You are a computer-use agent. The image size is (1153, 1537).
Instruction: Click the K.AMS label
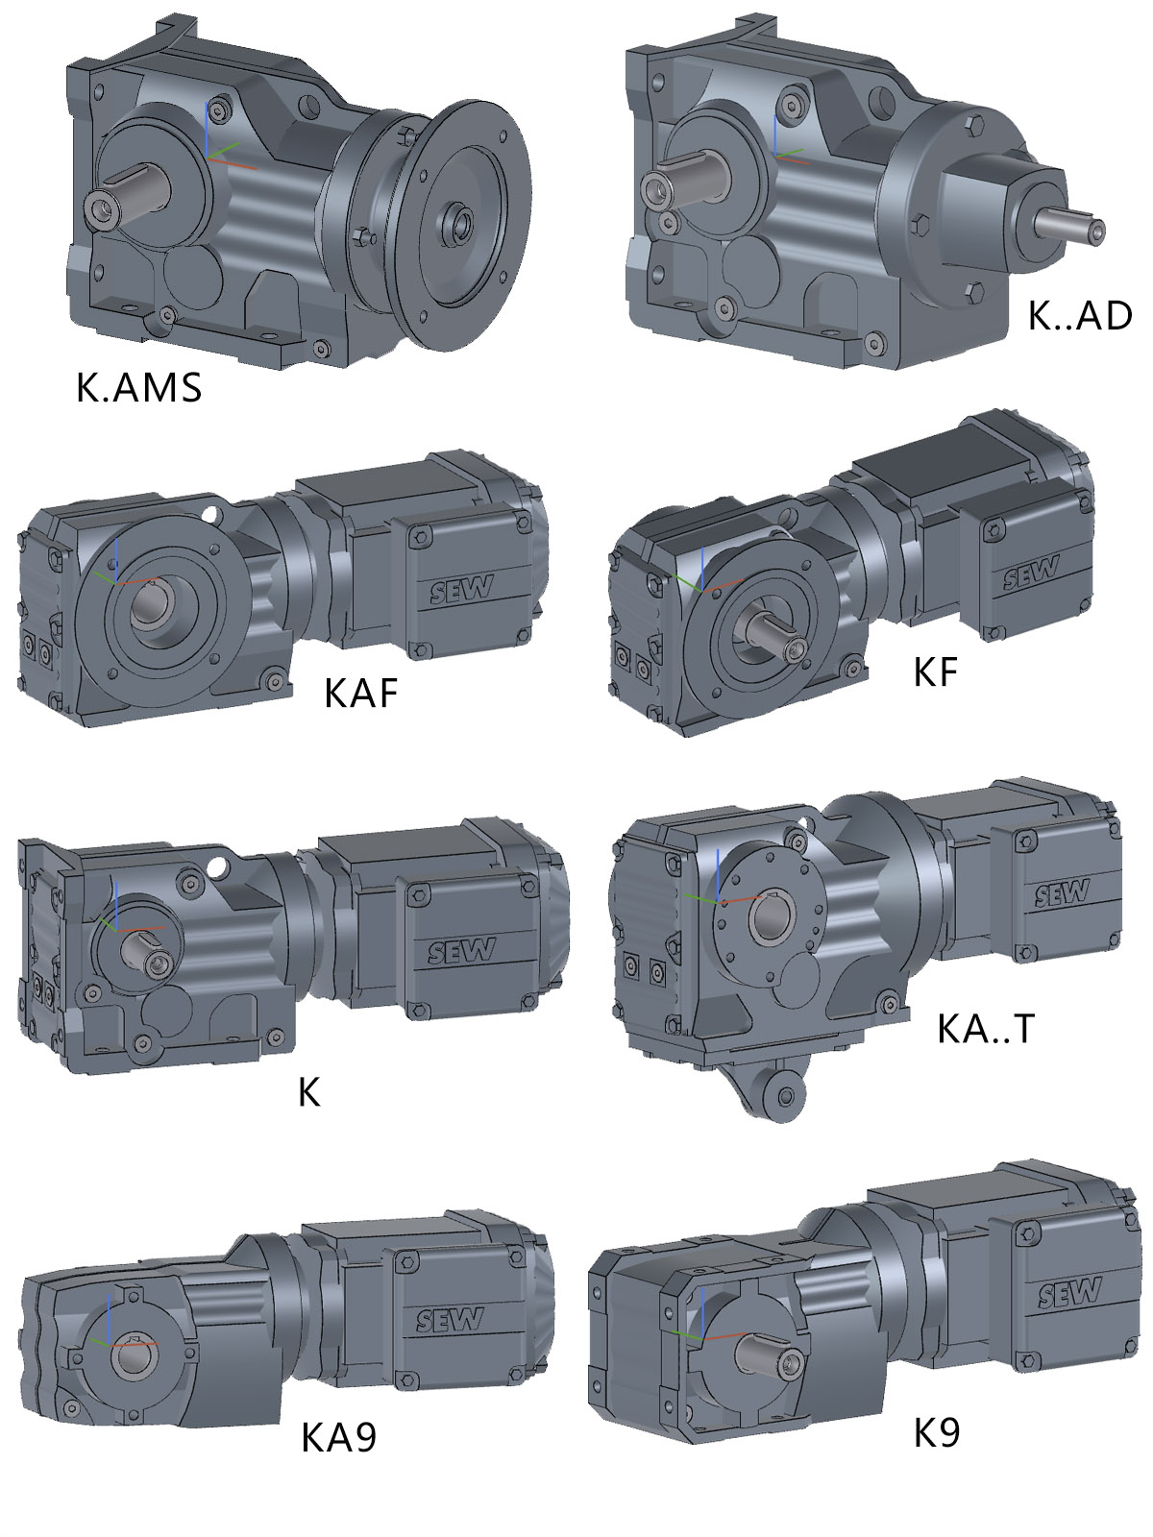[x=138, y=387]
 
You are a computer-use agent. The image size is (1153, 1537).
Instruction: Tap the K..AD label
[x=1079, y=316]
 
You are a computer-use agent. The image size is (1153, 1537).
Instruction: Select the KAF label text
[x=360, y=694]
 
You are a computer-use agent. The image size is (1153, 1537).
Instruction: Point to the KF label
[x=935, y=672]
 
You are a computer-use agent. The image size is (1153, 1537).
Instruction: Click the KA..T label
[x=986, y=1029]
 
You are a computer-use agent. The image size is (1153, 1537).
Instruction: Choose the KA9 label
[x=339, y=1437]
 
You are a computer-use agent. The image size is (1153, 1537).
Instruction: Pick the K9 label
[x=937, y=1432]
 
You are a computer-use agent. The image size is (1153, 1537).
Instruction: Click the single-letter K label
[x=309, y=1091]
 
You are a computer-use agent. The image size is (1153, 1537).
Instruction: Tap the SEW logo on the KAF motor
[x=461, y=590]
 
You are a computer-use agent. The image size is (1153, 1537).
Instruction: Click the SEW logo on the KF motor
[x=1030, y=573]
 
